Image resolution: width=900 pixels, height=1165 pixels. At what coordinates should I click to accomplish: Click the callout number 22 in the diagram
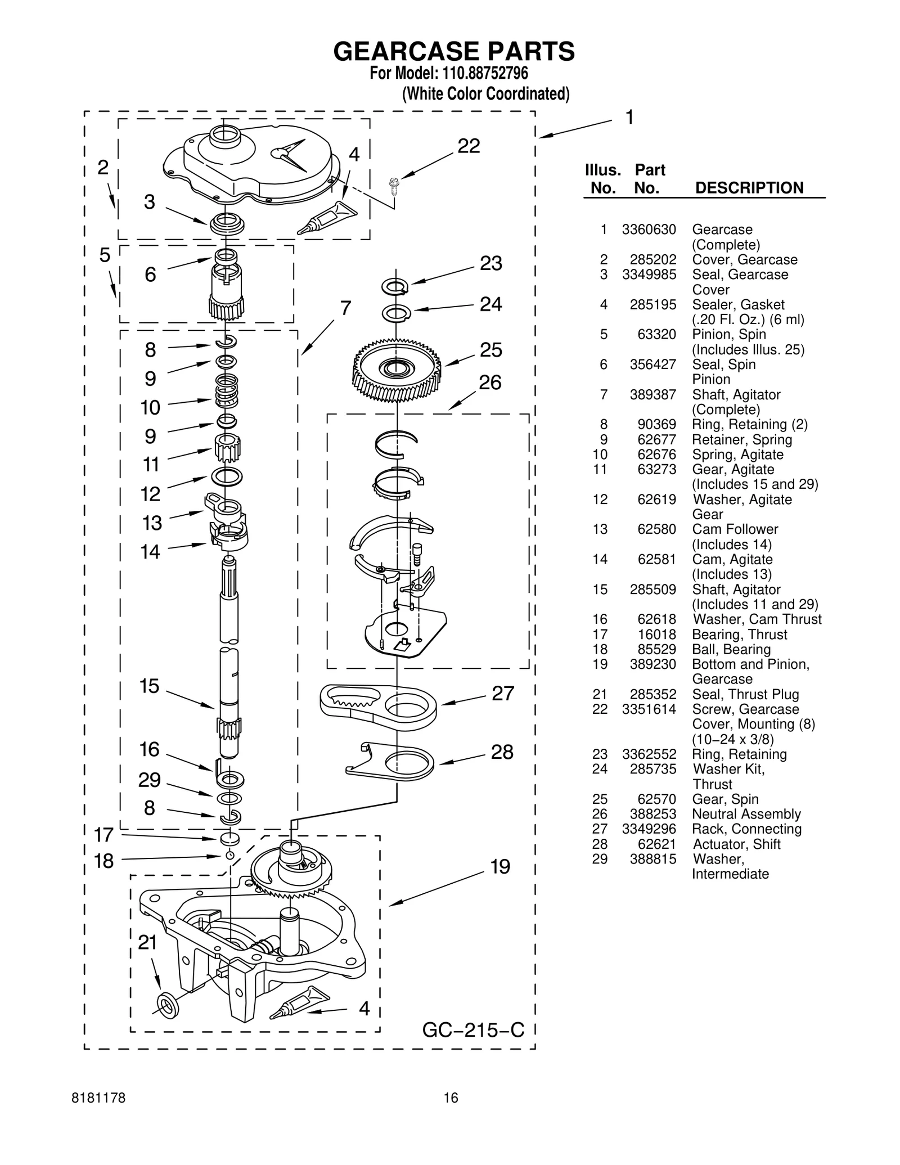coord(468,146)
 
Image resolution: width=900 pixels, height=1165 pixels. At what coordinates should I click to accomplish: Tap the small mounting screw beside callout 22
coord(394,185)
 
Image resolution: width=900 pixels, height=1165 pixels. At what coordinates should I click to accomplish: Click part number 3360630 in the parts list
coord(649,230)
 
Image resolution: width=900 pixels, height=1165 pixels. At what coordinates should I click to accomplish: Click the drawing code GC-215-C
coord(473,1030)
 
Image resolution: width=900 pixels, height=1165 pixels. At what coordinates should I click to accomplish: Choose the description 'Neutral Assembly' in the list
coord(746,814)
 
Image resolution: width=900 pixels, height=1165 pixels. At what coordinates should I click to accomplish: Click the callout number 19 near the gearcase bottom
coord(499,866)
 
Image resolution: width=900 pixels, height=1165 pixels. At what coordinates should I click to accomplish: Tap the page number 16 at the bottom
coord(451,1113)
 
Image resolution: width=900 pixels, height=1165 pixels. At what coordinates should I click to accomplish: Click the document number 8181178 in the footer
coord(99,1113)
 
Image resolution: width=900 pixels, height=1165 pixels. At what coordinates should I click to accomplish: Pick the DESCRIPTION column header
coord(749,188)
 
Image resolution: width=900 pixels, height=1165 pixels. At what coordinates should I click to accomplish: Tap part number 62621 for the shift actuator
coord(656,844)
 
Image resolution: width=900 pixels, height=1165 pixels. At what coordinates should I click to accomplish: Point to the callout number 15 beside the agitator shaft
coord(149,686)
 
